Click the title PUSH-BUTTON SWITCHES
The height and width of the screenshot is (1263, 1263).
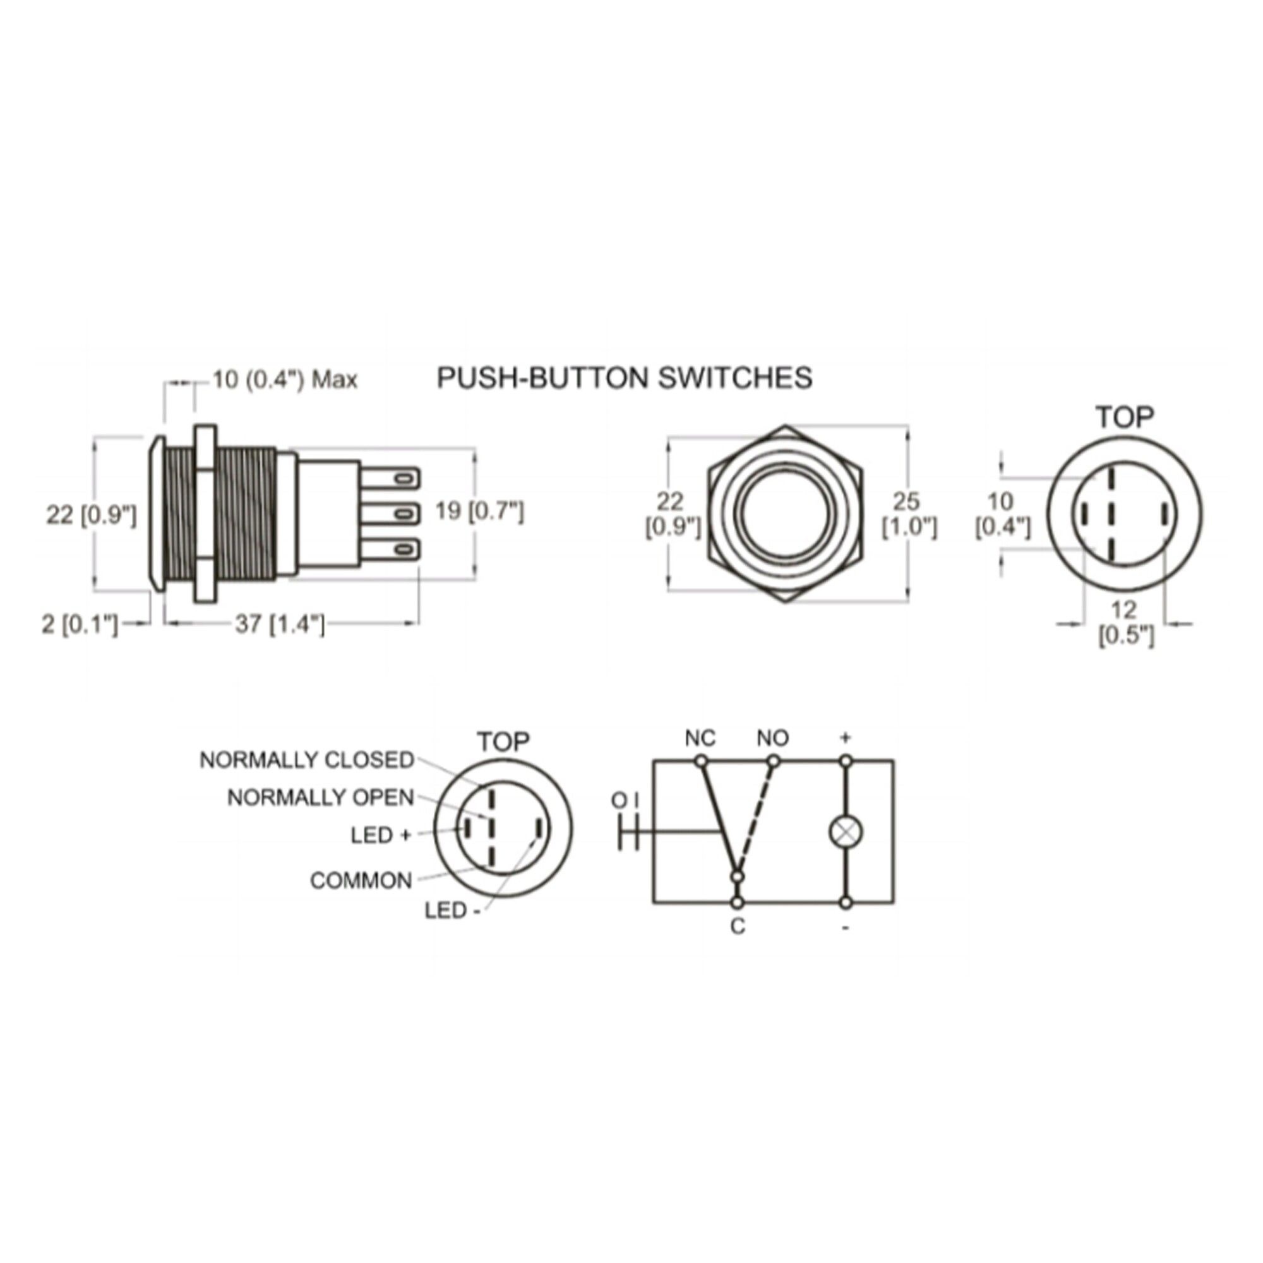click(x=625, y=378)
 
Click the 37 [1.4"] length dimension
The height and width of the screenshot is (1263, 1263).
click(x=279, y=625)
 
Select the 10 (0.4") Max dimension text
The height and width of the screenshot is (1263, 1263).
click(x=285, y=379)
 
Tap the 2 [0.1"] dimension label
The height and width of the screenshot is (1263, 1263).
click(x=80, y=625)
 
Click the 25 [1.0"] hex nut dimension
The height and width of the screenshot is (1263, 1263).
click(x=909, y=515)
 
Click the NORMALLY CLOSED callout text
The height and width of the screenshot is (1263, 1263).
click(x=307, y=760)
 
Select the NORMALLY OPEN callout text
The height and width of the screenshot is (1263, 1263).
click(x=320, y=797)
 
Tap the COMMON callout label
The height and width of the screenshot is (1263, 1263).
click(x=361, y=880)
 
